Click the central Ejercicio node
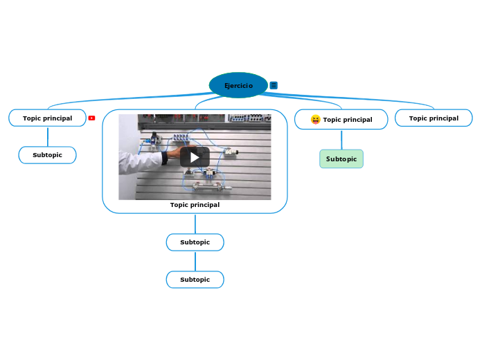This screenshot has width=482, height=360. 238,86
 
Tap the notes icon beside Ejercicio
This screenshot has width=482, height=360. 274,85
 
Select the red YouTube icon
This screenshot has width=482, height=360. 91,118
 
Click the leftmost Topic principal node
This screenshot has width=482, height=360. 47,118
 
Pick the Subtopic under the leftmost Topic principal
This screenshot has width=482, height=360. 47,155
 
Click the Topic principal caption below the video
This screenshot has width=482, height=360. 195,205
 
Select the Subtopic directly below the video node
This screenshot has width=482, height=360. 195,242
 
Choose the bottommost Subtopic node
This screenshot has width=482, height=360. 195,280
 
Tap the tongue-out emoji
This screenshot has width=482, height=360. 316,120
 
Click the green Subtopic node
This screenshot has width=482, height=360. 341,159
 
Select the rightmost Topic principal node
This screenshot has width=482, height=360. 434,118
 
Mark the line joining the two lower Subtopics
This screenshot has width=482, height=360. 195,261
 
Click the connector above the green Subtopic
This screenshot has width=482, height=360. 341,139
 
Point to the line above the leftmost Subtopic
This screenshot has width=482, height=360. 48,136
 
